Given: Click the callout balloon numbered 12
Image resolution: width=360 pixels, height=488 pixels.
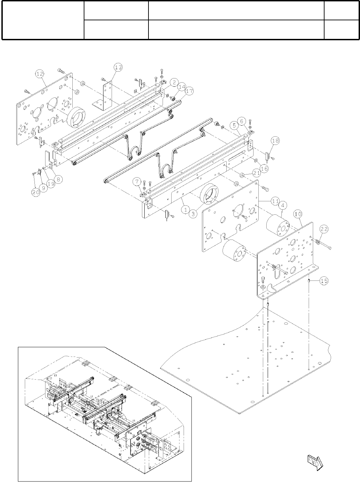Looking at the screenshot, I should click(x=40, y=74).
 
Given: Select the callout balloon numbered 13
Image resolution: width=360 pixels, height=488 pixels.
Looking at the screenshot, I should click(x=118, y=67).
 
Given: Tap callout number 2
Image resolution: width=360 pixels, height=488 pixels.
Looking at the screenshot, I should click(x=175, y=82).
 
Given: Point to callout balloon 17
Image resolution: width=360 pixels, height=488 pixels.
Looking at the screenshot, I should click(x=189, y=91).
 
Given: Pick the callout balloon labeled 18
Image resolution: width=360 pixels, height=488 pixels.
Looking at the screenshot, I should click(x=275, y=140).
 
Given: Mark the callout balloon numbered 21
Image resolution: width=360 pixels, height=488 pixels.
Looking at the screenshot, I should click(x=256, y=172).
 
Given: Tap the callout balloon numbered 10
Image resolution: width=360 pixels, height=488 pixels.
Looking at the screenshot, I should click(x=298, y=214).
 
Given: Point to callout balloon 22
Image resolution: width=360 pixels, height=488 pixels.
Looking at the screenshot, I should click(x=324, y=229).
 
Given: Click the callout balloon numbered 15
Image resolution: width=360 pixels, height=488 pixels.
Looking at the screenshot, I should click(x=323, y=281).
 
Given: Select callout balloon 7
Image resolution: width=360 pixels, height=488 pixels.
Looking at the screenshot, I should click(x=137, y=181).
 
